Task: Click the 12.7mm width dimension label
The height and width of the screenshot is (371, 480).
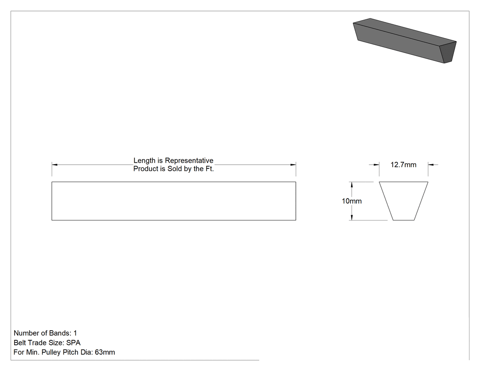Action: point(403,165)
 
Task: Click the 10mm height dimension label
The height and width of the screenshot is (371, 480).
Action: point(352,201)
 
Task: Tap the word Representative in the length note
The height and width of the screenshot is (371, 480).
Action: point(189,161)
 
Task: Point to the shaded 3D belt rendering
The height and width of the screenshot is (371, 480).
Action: point(405,40)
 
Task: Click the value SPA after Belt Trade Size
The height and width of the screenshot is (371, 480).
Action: point(74,343)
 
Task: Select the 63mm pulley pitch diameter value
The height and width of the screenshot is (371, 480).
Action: point(105,352)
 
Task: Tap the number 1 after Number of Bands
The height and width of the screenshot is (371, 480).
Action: point(75,333)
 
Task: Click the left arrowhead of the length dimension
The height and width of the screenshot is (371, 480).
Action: point(54,165)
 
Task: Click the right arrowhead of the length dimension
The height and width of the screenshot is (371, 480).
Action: point(293,165)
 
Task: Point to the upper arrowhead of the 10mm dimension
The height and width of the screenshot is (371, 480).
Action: point(352,185)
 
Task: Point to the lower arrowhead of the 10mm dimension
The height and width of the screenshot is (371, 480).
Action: point(352,217)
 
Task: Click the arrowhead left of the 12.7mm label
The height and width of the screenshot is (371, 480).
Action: point(376,165)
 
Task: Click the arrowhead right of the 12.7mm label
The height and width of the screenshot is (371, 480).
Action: point(431,165)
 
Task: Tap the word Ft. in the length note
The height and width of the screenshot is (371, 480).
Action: point(209,169)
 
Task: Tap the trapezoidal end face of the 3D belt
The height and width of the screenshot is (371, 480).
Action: point(448,52)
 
